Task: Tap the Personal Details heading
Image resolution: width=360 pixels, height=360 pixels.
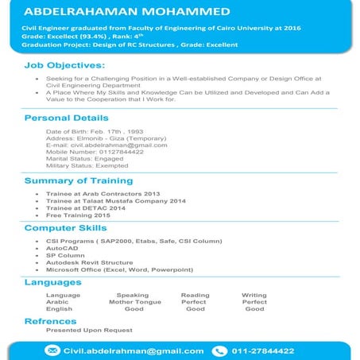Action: click(66, 118)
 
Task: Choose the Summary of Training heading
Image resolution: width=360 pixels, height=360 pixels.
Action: click(78, 180)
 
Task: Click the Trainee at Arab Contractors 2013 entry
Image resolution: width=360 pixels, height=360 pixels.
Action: click(103, 194)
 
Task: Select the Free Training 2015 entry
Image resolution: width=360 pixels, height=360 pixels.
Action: click(78, 215)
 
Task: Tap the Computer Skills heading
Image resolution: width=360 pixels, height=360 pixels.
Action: click(65, 228)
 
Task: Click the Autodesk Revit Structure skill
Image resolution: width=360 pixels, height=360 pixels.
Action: click(89, 262)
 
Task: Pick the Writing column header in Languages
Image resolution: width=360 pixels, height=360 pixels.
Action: click(254, 295)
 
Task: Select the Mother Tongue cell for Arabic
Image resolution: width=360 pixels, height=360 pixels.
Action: click(134, 302)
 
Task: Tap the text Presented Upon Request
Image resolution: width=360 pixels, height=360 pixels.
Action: click(88, 330)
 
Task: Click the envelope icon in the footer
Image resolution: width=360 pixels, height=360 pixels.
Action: click(52, 350)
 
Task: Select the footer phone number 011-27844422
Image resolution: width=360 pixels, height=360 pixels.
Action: click(263, 350)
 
